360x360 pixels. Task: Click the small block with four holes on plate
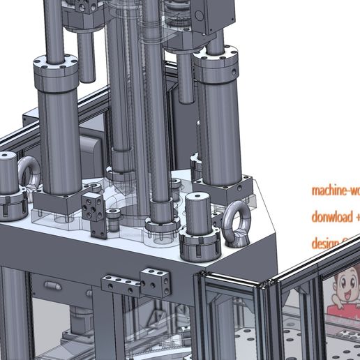tap(93, 207)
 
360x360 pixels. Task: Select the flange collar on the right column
tap(218, 59)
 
